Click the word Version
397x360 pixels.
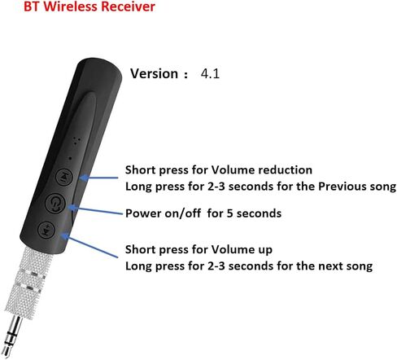point(154,74)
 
